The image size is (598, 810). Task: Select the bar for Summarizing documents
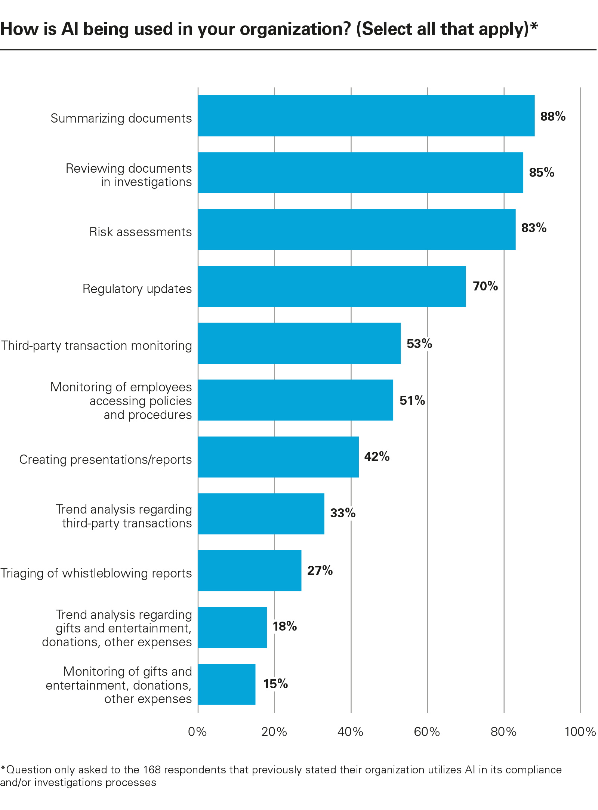366,116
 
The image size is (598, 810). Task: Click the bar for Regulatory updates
332,286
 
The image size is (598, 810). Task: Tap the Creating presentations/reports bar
278,457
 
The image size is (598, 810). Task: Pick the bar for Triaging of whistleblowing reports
249,570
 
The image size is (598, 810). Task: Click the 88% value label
552,117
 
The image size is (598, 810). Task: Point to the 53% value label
419,344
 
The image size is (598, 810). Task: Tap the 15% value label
275,684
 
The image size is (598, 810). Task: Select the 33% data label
342,513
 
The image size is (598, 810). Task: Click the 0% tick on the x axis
197,732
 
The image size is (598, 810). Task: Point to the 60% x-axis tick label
427,732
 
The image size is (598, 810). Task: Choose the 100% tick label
580,732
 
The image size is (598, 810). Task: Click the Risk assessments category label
140,232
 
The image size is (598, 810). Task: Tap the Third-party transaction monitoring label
96,345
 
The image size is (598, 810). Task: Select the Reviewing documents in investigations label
129,175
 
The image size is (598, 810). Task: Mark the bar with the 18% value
232,627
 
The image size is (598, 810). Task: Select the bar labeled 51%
295,400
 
